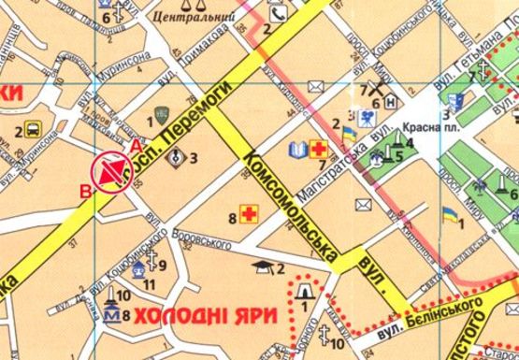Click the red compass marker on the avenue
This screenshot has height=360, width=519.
click(111, 171)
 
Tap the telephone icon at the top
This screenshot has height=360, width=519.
click(279, 14)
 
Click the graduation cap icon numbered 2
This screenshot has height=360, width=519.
click(267, 267)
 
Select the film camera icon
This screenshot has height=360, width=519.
click(368, 117)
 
